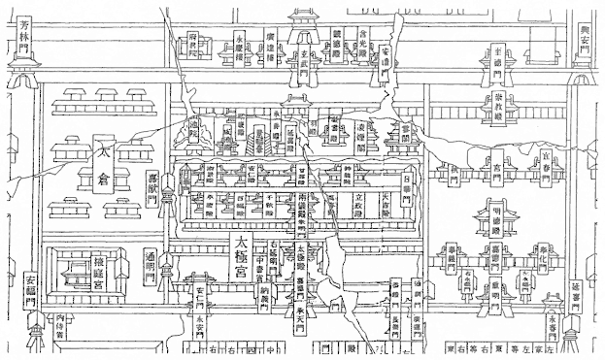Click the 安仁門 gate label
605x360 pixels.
click(200, 294)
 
